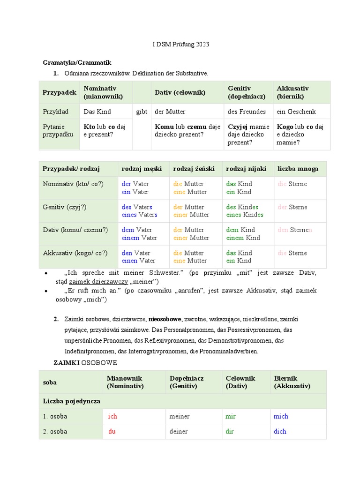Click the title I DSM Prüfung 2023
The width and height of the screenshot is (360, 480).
[181, 45]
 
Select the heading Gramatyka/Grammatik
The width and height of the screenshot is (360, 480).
[77, 62]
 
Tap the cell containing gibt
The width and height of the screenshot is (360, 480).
[142, 112]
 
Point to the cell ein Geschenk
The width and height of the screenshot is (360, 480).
[296, 112]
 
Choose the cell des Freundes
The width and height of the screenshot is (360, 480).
[247, 112]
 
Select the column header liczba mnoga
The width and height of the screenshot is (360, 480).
[298, 169]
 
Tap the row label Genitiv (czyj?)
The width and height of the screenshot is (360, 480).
[65, 207]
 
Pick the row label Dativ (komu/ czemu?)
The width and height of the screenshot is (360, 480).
[75, 230]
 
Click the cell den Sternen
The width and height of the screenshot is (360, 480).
[295, 230]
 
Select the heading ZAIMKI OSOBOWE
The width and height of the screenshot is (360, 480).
[85, 363]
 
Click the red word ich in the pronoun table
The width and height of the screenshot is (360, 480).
[112, 416]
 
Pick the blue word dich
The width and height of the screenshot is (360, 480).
[280, 431]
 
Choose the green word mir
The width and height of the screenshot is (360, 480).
[230, 416]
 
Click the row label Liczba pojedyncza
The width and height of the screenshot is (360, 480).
[71, 401]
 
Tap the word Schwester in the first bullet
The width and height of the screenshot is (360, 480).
[168, 273]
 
